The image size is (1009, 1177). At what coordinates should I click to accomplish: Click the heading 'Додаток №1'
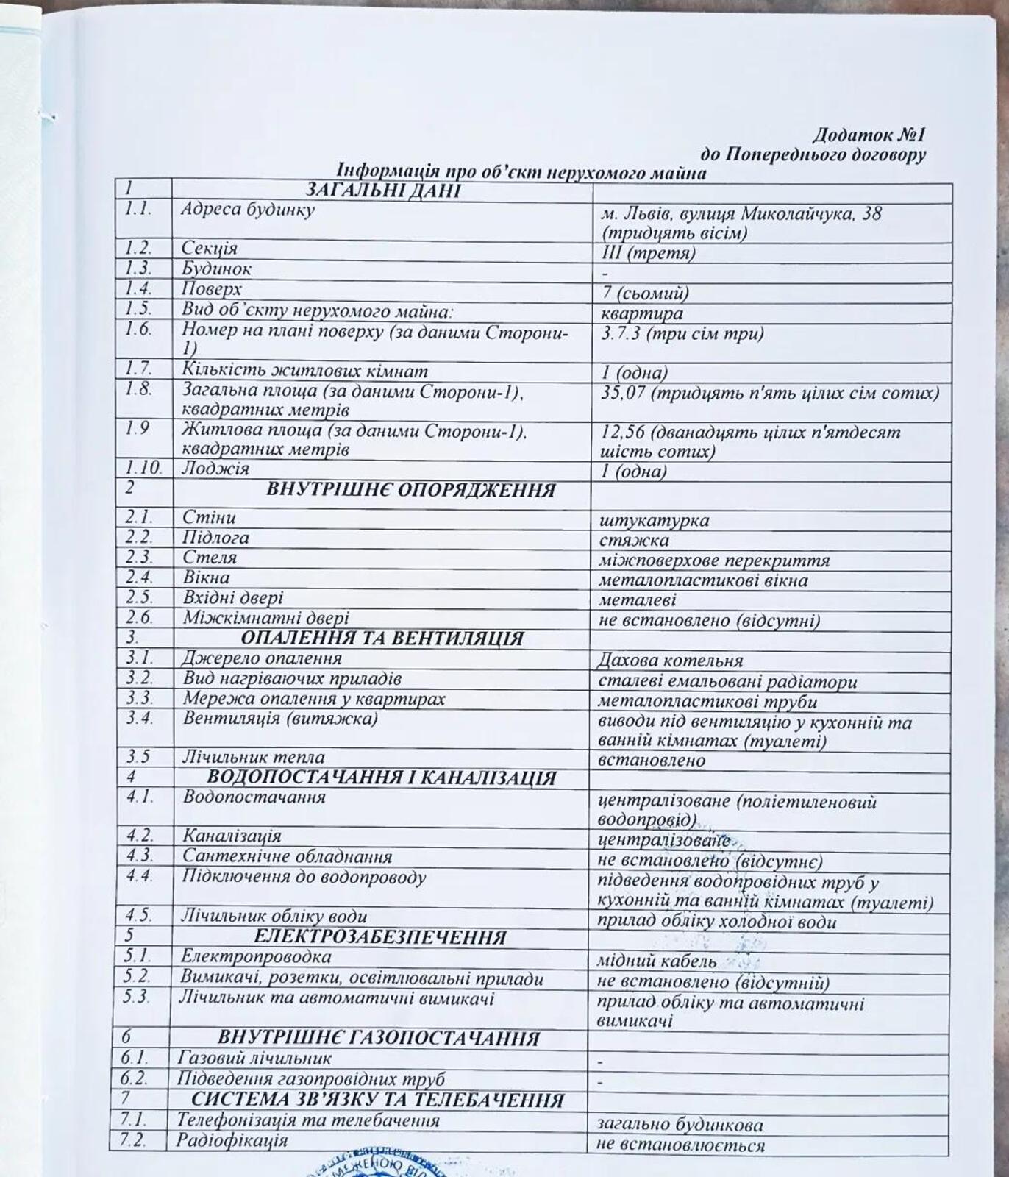click(869, 135)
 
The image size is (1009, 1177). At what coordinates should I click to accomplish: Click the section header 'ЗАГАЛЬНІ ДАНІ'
click(382, 191)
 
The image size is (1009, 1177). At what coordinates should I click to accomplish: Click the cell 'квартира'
click(641, 313)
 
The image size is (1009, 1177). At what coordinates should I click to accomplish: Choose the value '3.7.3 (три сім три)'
click(682, 333)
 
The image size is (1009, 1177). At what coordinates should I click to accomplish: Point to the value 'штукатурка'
click(654, 521)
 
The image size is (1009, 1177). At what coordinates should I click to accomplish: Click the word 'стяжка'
click(634, 541)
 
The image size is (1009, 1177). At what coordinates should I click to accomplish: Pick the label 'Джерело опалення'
click(263, 658)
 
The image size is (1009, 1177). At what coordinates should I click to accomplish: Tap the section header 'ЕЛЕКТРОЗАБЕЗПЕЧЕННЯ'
click(379, 937)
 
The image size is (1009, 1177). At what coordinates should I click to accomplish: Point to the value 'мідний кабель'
click(657, 961)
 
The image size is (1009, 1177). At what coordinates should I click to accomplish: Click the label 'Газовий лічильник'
click(254, 1059)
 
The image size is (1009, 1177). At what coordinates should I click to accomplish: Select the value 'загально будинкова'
click(680, 1125)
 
